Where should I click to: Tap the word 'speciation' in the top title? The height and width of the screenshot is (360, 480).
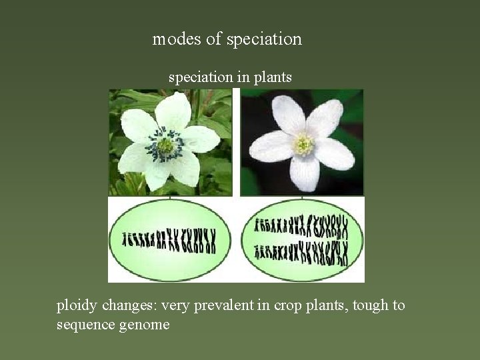264,39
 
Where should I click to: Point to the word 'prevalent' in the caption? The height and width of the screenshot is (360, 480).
201,306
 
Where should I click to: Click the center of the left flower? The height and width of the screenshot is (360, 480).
165,144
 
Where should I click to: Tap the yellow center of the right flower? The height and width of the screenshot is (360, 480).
303,144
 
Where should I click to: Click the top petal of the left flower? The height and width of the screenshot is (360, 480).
173,111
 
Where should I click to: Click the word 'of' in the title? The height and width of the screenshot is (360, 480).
213,39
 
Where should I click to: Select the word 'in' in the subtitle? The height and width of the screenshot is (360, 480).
241,77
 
